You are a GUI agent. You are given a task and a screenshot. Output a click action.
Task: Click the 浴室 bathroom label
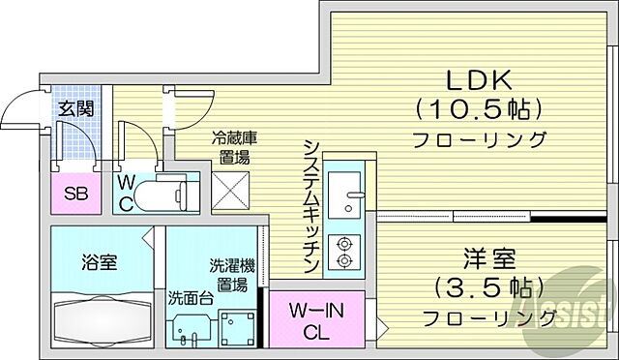click(99, 261)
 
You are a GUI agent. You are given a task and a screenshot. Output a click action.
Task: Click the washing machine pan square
click(235, 326)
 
